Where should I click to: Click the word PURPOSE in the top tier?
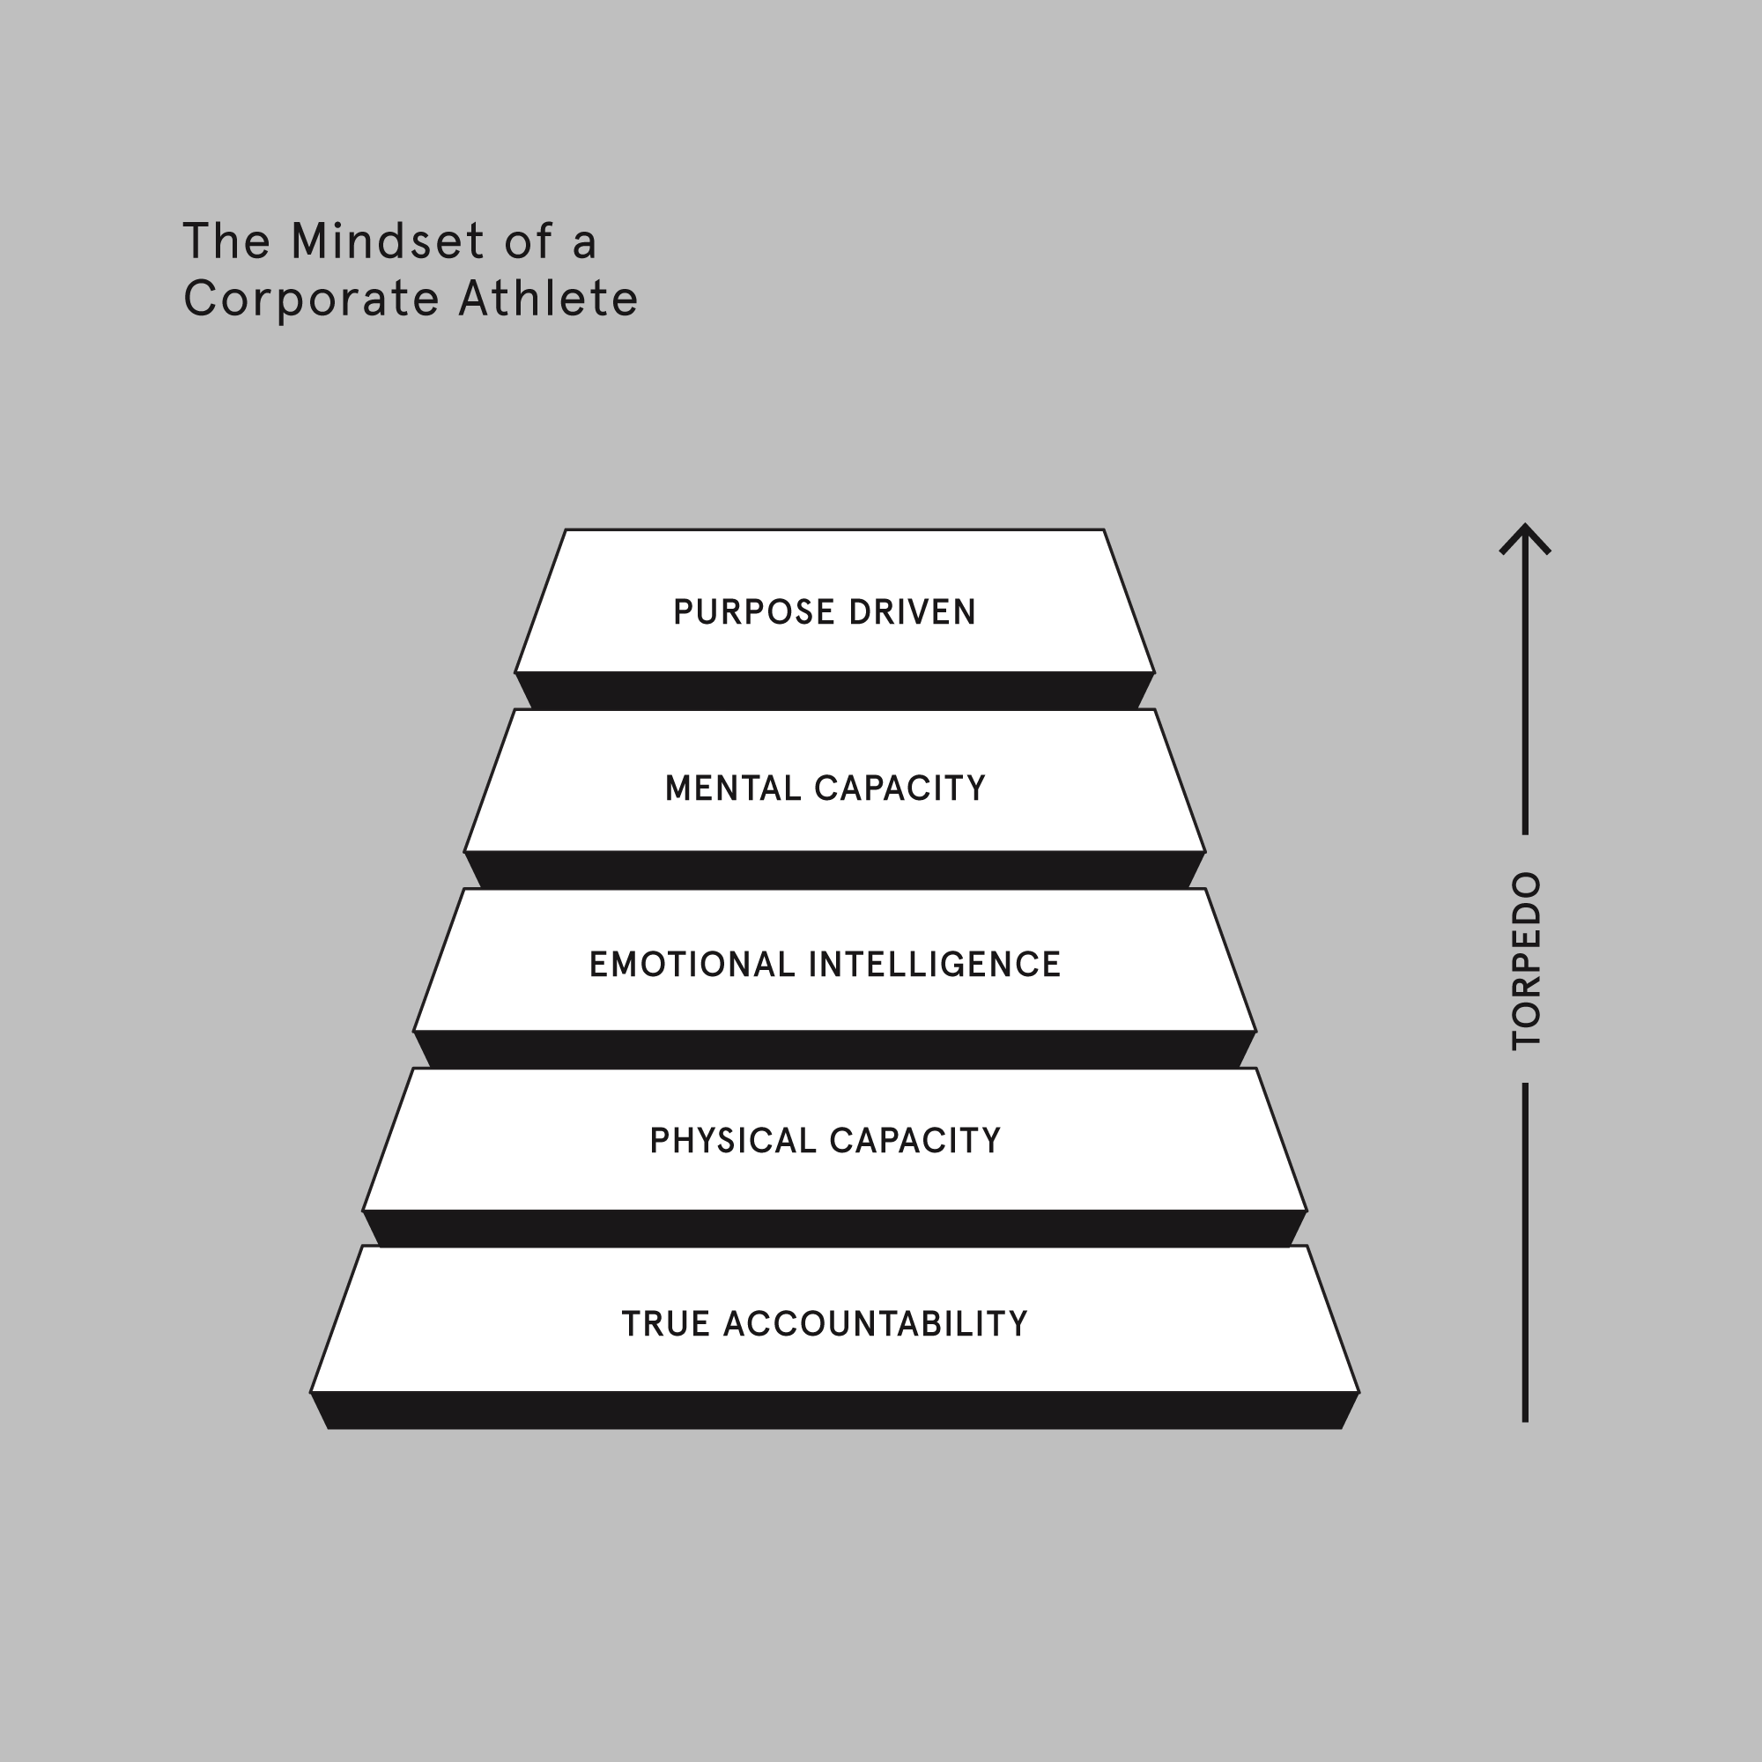(754, 612)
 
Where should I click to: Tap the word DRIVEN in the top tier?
(912, 612)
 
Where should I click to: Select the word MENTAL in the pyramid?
(731, 788)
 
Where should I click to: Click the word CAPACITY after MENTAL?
(900, 788)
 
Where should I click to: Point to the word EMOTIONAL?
(692, 965)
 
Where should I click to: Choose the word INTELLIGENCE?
(935, 965)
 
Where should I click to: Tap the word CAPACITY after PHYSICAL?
(914, 1141)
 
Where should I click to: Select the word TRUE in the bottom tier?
(665, 1324)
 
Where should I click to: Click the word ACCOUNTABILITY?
(876, 1324)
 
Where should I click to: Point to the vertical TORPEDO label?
(1526, 960)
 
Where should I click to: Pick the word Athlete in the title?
(548, 300)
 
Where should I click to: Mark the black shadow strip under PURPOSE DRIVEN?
(834, 692)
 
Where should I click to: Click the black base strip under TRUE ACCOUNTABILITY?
(834, 1410)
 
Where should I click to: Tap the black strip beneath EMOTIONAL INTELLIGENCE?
(834, 1050)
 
